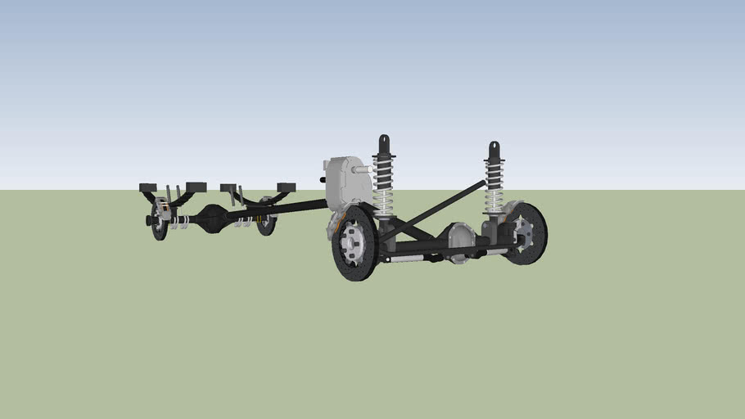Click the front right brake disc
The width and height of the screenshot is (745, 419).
(x=527, y=234)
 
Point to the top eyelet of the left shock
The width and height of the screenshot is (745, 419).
(x=383, y=141)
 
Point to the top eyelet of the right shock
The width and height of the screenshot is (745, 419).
(x=494, y=148)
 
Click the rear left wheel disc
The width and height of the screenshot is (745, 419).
(x=160, y=221)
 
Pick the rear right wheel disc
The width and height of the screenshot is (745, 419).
(x=266, y=218)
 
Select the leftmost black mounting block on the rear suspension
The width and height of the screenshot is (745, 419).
(x=147, y=187)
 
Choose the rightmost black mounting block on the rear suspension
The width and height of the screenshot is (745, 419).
(x=286, y=187)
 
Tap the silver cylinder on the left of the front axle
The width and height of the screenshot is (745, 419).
(x=405, y=258)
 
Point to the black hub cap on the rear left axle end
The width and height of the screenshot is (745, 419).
(x=149, y=220)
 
